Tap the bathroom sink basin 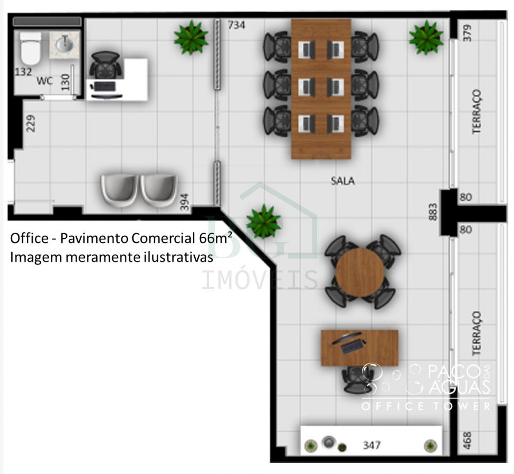click(65, 44)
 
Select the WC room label click(45, 81)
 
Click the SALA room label click(342, 181)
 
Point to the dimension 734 click(236, 25)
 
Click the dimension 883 click(433, 212)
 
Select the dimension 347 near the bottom click(372, 445)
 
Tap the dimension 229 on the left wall click(30, 123)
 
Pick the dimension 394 click(185, 202)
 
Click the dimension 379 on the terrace click(467, 33)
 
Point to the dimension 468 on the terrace click(467, 441)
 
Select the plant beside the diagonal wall click(264, 221)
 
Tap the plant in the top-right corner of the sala click(426, 37)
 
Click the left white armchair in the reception click(119, 191)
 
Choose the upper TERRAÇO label click(476, 111)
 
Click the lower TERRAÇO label click(476, 333)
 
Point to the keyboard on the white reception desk click(104, 87)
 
